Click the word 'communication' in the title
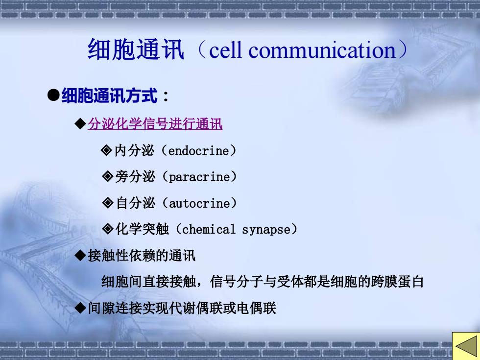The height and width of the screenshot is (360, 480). (x=322, y=50)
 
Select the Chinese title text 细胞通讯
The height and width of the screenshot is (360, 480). (x=136, y=49)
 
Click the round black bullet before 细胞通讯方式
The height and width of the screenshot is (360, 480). (x=53, y=95)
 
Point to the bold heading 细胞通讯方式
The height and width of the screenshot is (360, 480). (x=109, y=96)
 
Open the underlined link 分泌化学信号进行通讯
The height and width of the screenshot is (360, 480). (x=155, y=124)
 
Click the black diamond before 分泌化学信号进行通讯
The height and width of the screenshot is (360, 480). (x=80, y=124)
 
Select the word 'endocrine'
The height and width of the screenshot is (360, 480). (x=199, y=151)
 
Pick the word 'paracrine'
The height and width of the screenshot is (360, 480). (x=199, y=177)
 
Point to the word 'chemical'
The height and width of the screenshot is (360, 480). (x=209, y=229)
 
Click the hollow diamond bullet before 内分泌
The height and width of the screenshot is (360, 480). (x=106, y=150)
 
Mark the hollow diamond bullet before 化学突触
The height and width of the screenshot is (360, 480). (x=107, y=229)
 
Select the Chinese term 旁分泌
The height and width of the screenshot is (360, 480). (x=135, y=177)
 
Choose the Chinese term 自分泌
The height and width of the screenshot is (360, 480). (x=135, y=203)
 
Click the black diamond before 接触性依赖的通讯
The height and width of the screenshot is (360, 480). (x=80, y=255)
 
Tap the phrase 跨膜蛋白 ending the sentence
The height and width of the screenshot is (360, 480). (x=397, y=282)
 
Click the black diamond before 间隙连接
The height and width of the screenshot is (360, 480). (x=80, y=308)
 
